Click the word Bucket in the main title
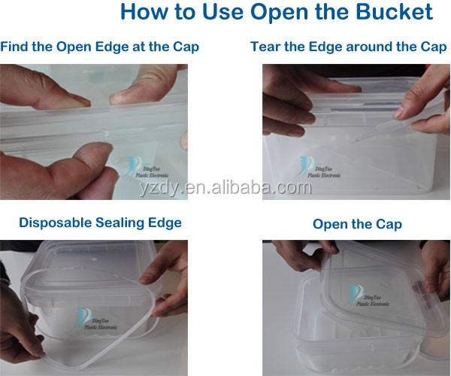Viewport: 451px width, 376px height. coord(394,11)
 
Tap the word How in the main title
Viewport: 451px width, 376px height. coord(144,11)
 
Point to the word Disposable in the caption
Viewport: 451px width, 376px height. coord(55,223)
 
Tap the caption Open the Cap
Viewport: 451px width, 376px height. coord(357,224)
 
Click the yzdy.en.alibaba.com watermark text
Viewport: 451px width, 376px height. coord(225,188)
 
